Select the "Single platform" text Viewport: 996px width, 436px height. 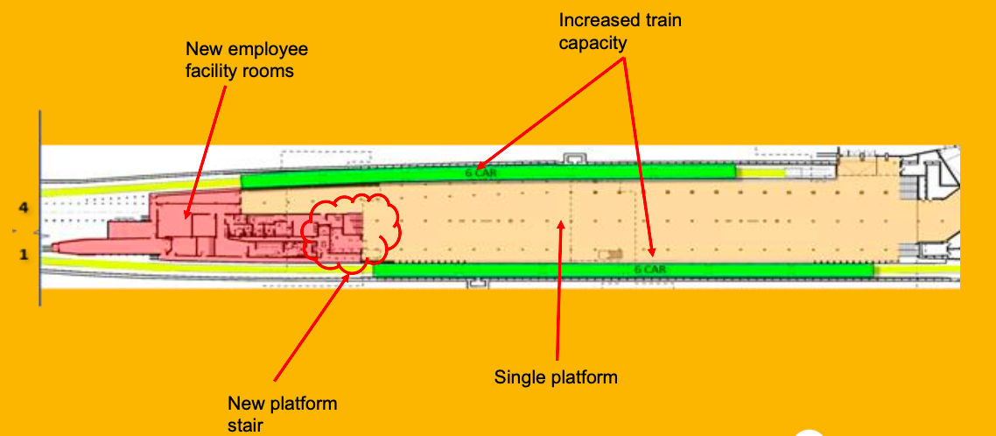556,377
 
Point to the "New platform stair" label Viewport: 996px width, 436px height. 282,413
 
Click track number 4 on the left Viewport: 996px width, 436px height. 25,207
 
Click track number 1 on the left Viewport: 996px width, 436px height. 25,254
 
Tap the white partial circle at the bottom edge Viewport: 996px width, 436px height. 810,432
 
